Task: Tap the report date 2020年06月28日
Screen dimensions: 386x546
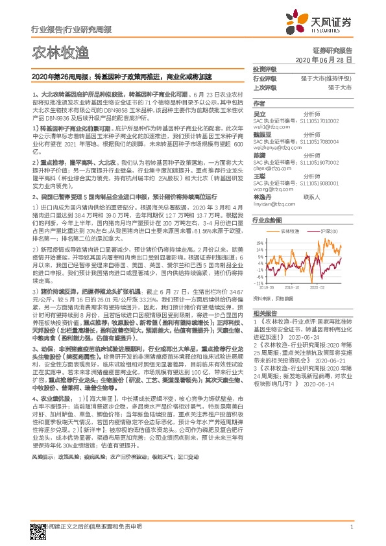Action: (x=322, y=59)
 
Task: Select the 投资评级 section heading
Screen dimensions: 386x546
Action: (x=264, y=69)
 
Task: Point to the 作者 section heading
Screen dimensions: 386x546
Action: (x=259, y=103)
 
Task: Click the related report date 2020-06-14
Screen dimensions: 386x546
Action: (x=293, y=384)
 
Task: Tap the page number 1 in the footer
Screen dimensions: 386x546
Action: (x=351, y=527)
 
